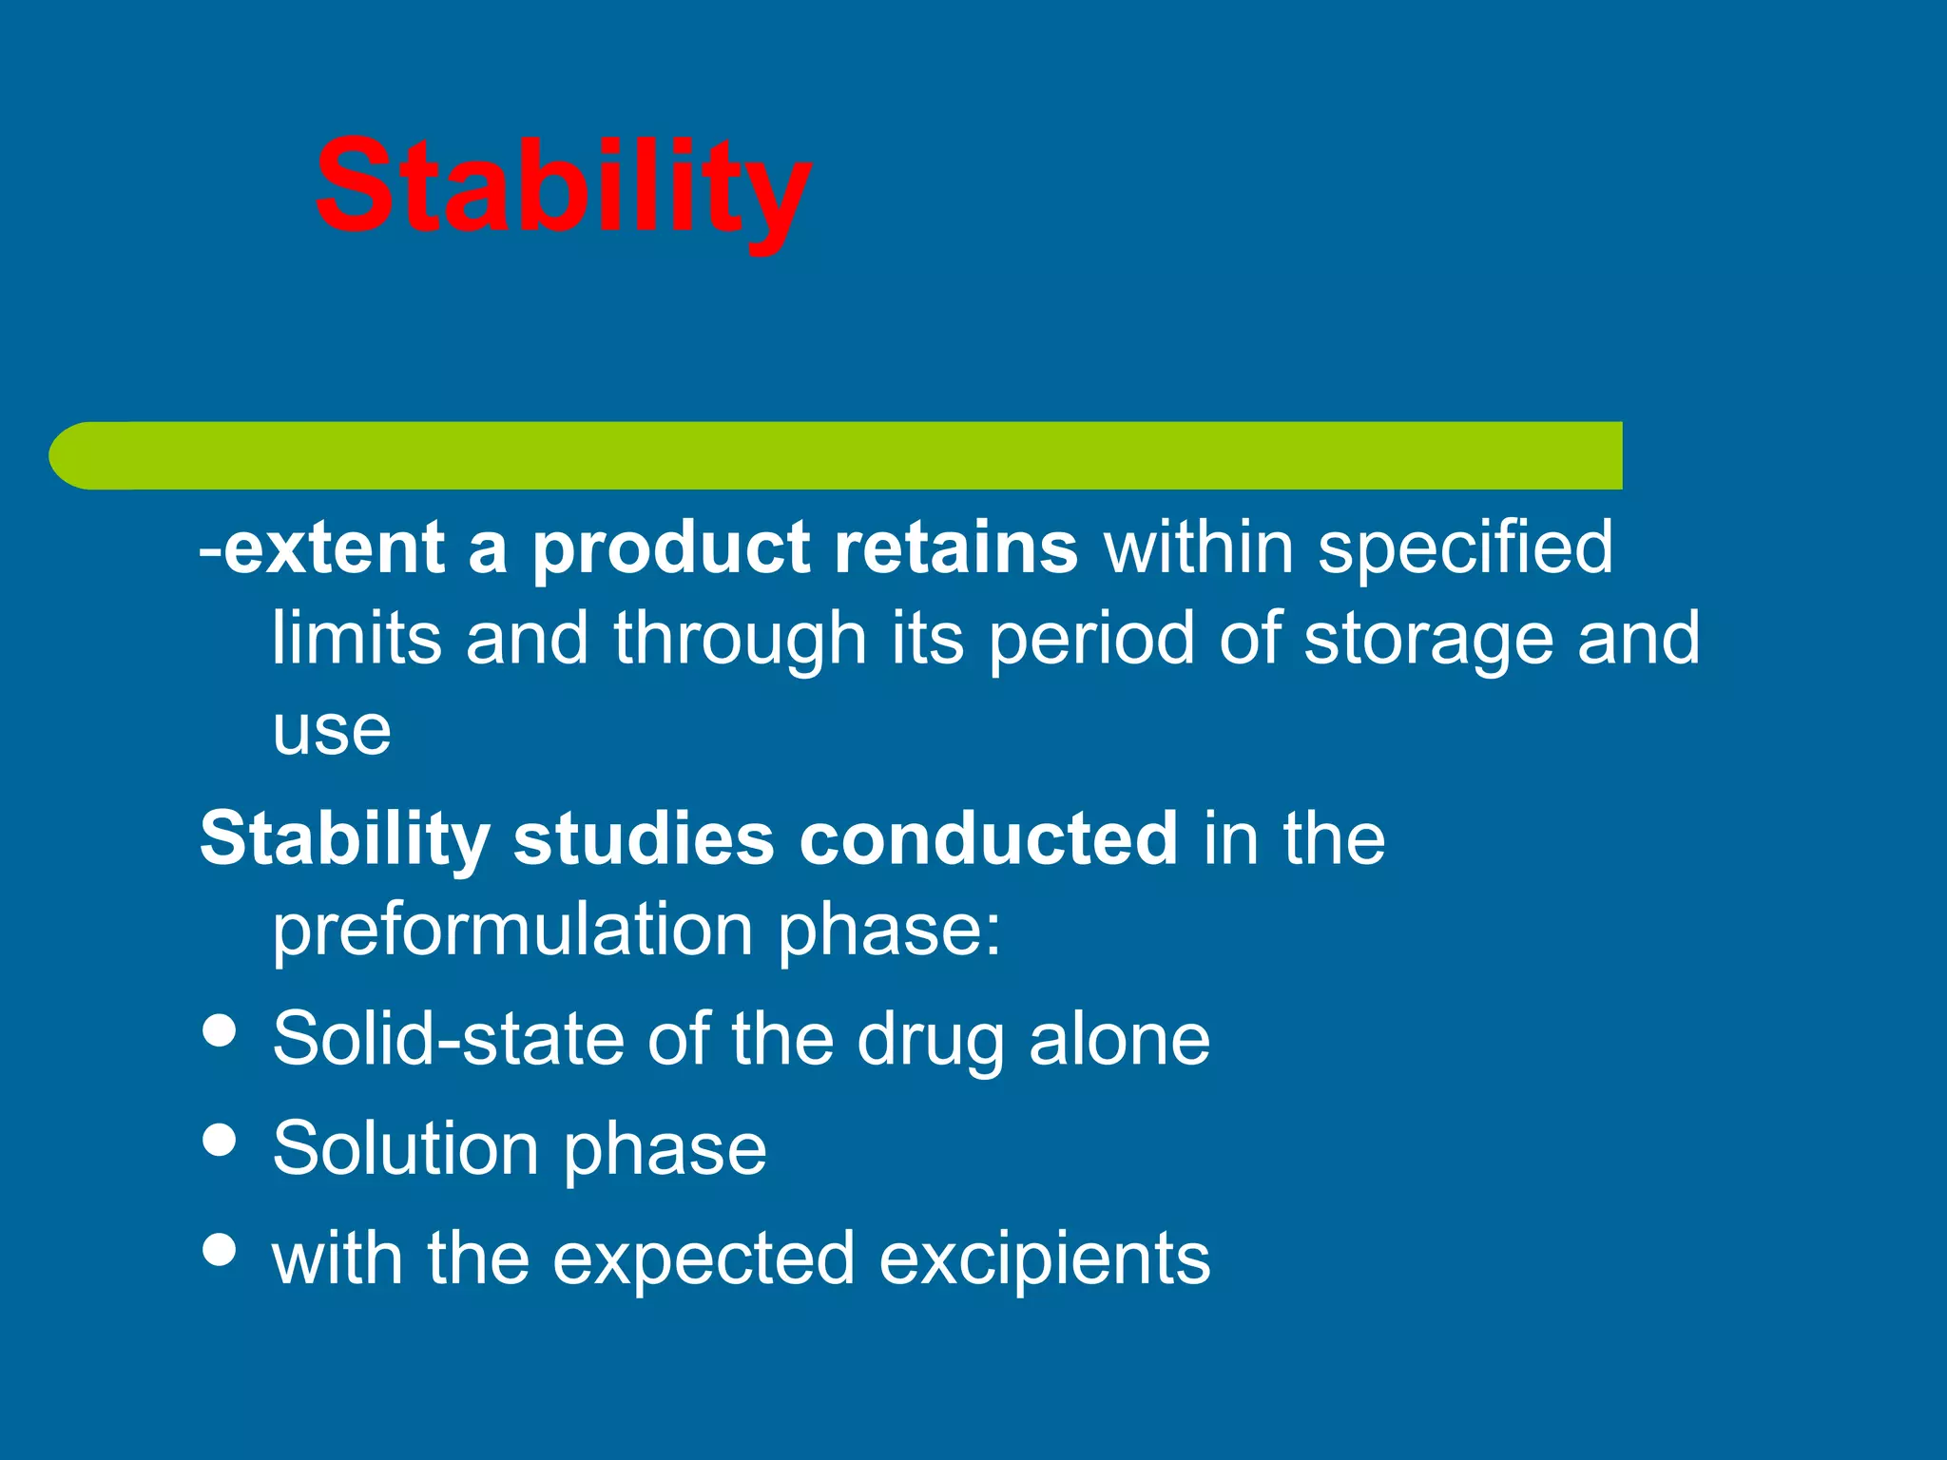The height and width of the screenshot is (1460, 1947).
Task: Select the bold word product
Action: click(x=670, y=548)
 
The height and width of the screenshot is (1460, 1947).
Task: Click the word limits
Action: click(x=357, y=638)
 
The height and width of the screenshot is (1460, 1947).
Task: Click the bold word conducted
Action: click(x=989, y=838)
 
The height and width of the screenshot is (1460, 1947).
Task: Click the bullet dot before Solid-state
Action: click(x=220, y=1031)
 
